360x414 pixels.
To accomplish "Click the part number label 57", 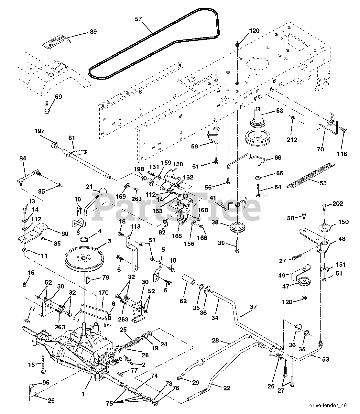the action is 138,19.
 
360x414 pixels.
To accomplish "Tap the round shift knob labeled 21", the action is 103,191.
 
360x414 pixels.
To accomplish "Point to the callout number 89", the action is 93,32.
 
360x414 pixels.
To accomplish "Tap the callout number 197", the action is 39,131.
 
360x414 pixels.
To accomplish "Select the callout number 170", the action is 104,293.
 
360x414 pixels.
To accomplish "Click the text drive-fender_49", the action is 328,405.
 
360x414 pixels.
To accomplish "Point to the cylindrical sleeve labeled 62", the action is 189,281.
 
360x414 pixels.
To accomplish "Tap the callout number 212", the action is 292,140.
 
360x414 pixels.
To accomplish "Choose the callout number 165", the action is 177,236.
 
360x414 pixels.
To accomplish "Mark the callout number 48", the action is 342,239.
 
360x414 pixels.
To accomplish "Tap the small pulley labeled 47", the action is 304,281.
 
